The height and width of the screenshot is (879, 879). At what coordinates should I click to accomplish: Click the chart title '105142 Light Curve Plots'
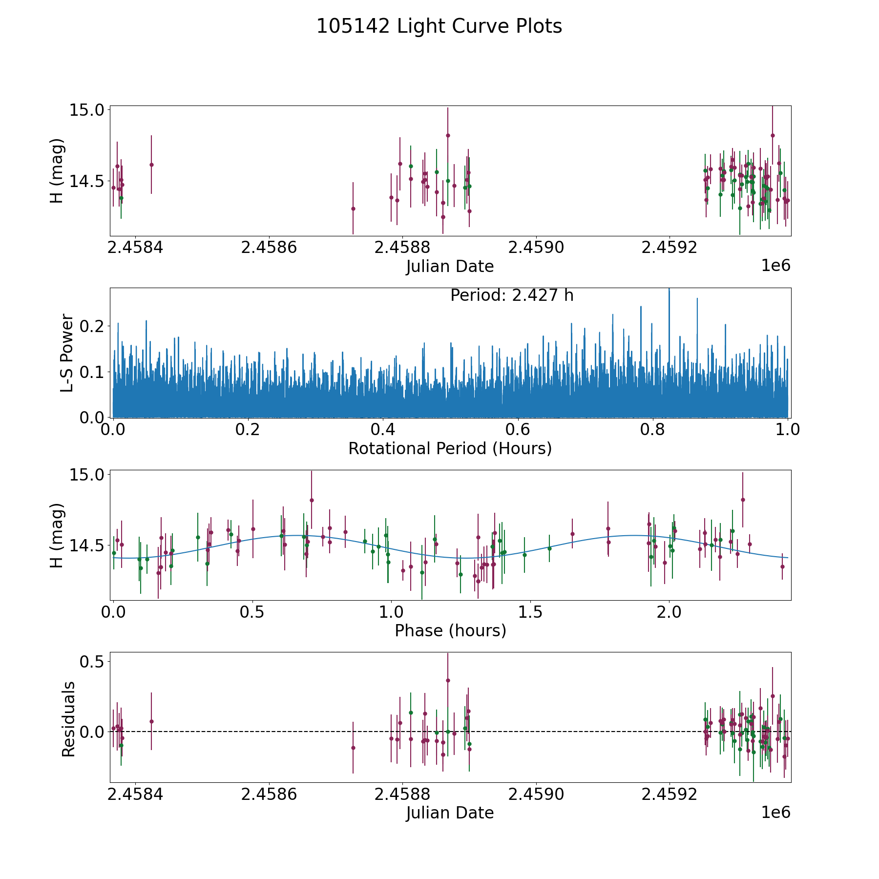pyautogui.click(x=439, y=26)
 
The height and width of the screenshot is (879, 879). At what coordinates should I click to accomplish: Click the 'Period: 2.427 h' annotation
pyautogui.click(x=512, y=295)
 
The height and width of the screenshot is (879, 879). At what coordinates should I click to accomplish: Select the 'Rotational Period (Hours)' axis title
pyautogui.click(x=450, y=448)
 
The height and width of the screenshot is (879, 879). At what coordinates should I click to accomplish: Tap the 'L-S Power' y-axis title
pyautogui.click(x=67, y=353)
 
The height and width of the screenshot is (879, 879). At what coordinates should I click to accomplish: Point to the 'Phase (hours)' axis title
pyautogui.click(x=450, y=631)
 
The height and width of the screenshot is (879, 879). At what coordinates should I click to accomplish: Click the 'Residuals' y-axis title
pyautogui.click(x=68, y=719)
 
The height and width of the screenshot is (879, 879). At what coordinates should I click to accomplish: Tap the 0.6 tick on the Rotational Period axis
pyautogui.click(x=518, y=429)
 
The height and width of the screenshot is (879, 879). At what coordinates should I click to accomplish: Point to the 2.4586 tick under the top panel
pyautogui.click(x=269, y=248)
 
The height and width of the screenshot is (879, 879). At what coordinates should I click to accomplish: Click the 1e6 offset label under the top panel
pyautogui.click(x=776, y=266)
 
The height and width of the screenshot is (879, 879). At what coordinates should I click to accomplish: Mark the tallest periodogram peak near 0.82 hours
pyautogui.click(x=669, y=289)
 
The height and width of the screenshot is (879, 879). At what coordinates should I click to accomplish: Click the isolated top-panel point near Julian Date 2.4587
pyautogui.click(x=353, y=209)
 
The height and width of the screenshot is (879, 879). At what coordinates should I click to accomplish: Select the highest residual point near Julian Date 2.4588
pyautogui.click(x=448, y=680)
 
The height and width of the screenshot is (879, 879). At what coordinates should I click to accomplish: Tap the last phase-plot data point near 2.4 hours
pyautogui.click(x=782, y=566)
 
